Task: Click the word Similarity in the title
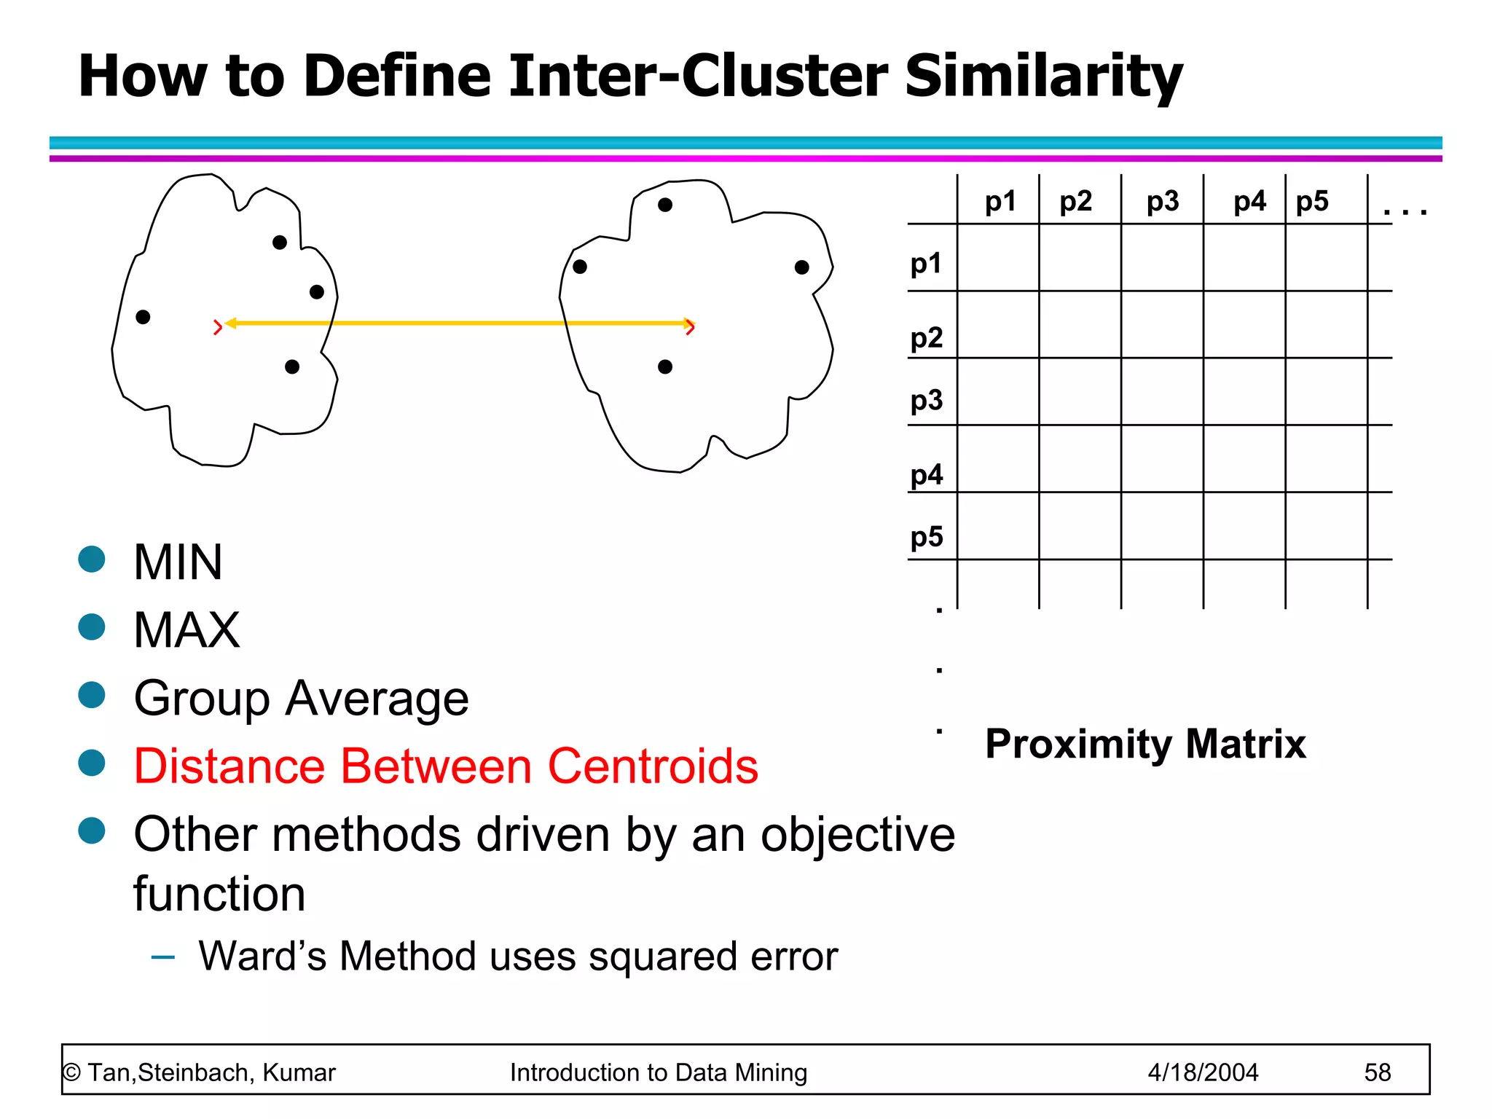(x=1043, y=76)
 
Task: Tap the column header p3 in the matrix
(x=1162, y=201)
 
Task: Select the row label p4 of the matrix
(x=927, y=475)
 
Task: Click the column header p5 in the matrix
(x=1312, y=201)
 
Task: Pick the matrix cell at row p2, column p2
(x=1080, y=325)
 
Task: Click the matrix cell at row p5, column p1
(x=997, y=526)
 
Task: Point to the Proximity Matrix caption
(x=1145, y=744)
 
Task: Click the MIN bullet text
(x=178, y=562)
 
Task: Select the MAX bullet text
(x=186, y=630)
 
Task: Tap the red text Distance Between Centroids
(x=446, y=766)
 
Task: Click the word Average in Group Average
(x=377, y=699)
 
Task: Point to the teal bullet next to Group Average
(x=92, y=694)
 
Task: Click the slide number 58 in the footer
(x=1377, y=1072)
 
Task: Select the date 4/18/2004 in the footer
(x=1203, y=1072)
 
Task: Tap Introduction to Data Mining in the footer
(x=659, y=1072)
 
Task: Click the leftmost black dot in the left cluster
(x=143, y=317)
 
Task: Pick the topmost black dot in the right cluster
(x=664, y=205)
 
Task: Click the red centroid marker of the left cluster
(x=217, y=328)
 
